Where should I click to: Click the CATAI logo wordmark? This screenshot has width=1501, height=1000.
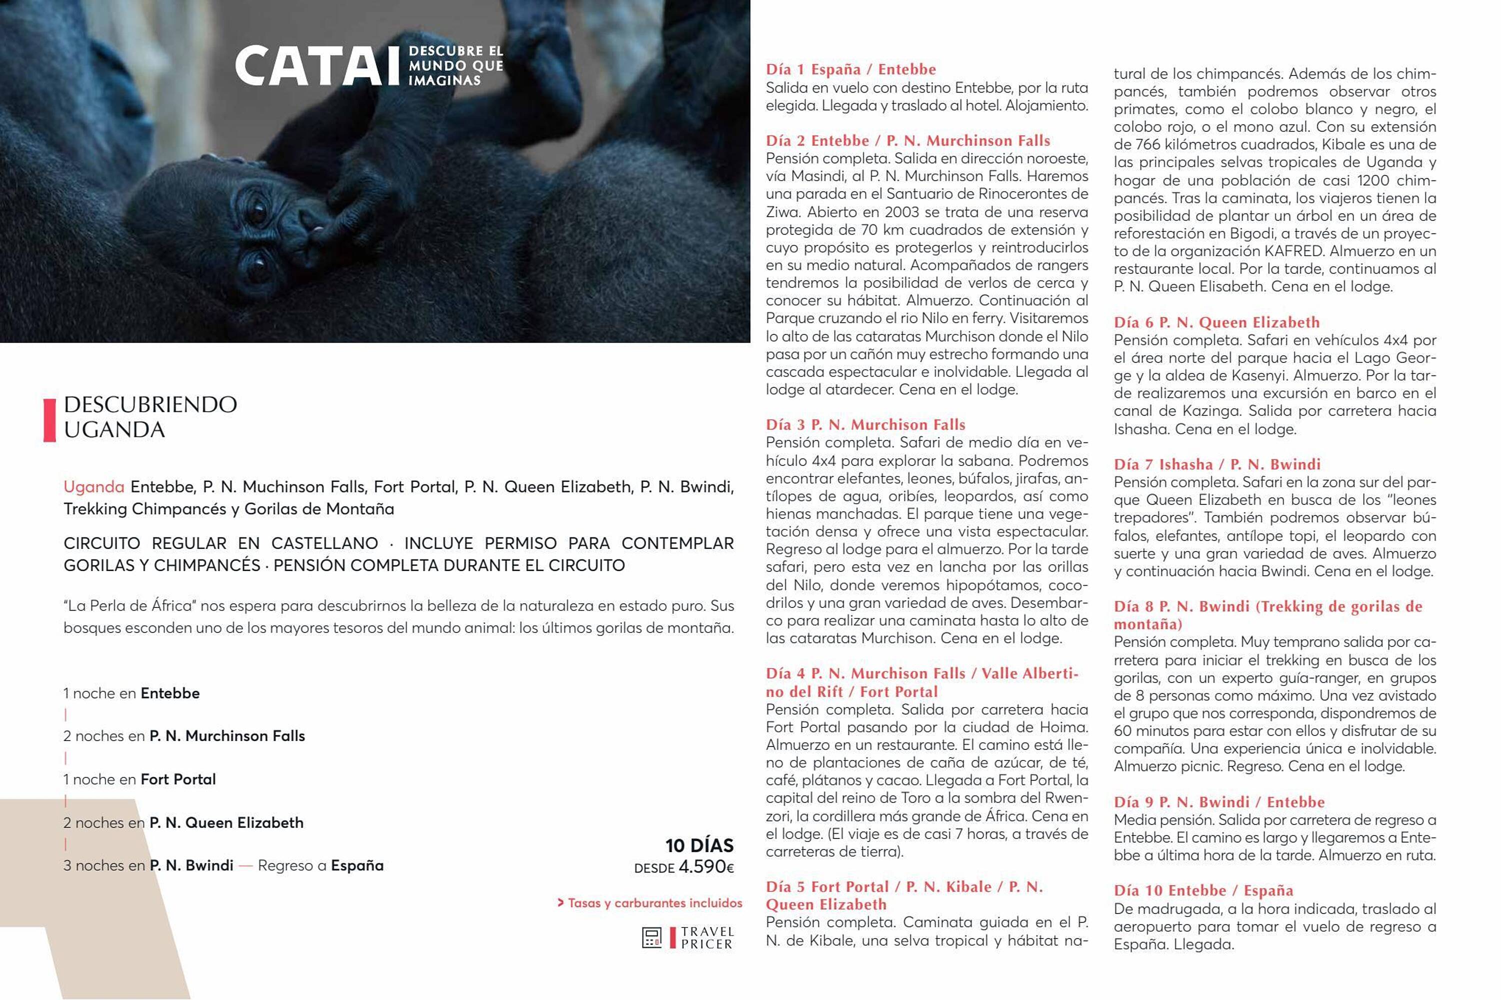317,65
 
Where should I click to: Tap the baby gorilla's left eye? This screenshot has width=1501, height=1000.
257,210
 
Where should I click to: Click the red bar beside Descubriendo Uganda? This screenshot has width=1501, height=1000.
49,419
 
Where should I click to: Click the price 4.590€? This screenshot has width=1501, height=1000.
706,866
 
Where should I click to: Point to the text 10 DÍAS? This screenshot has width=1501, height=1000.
699,845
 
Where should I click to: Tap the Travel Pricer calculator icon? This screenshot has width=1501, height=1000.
651,937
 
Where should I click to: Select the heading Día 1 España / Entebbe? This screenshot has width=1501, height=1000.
850,69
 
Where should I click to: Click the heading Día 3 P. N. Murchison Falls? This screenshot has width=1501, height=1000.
865,424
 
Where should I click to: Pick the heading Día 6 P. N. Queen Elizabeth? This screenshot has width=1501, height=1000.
1216,322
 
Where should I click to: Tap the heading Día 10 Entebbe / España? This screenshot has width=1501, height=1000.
1202,890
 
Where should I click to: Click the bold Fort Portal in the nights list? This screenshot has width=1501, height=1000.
178,779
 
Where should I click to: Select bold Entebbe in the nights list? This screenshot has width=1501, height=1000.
169,693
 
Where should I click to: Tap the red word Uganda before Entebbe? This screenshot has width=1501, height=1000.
93,487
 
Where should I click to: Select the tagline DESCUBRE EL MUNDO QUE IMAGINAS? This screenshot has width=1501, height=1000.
456,65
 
